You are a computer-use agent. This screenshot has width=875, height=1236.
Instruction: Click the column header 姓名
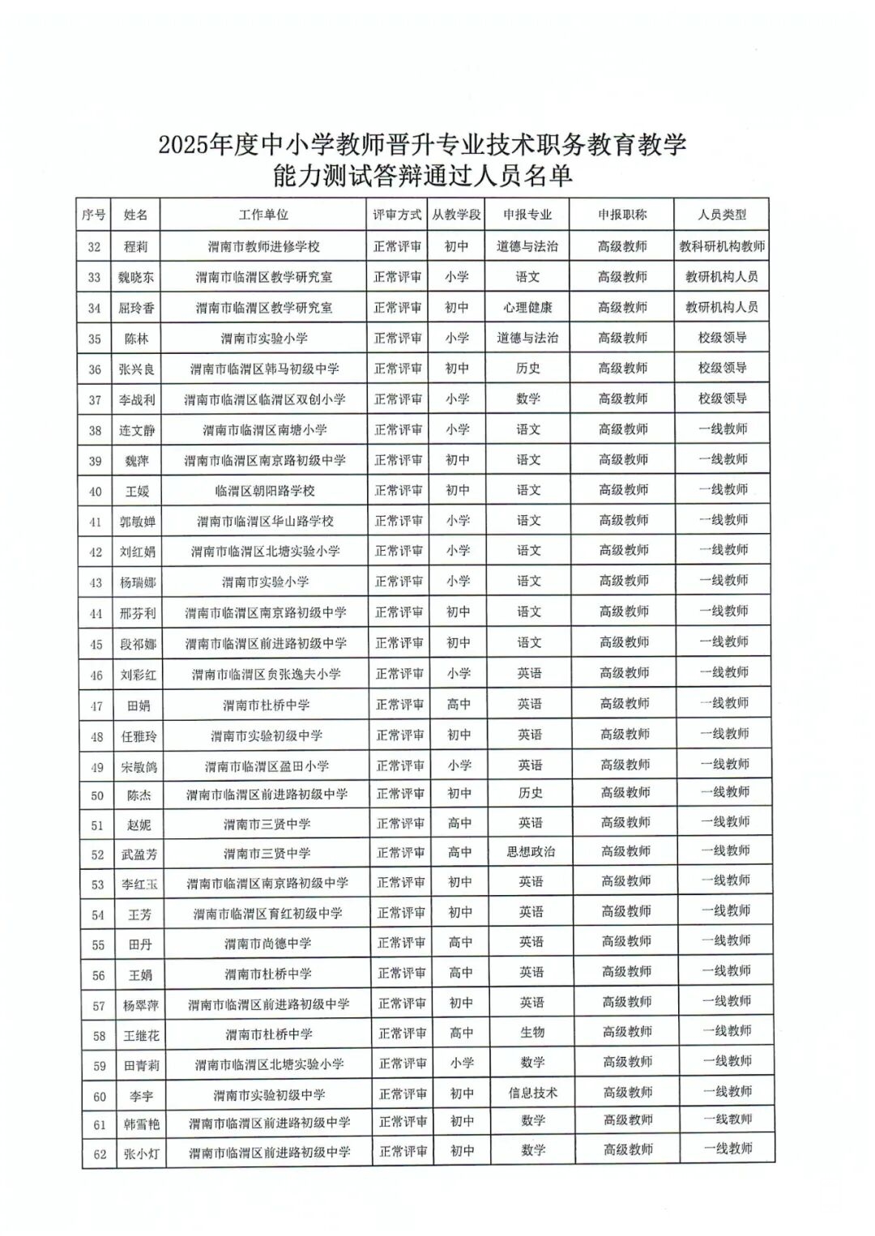(x=136, y=215)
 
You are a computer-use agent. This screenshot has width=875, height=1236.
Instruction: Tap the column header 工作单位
(x=263, y=215)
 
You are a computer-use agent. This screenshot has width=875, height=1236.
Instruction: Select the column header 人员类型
(x=722, y=215)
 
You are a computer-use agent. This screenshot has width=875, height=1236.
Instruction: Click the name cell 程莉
(x=136, y=247)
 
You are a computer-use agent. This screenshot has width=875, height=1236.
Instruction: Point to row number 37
(x=95, y=400)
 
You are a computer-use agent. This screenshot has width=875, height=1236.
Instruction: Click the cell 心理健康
(x=527, y=308)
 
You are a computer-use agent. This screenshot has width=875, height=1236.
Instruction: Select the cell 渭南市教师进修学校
(x=263, y=247)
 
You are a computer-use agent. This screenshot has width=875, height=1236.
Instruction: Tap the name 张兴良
(x=137, y=369)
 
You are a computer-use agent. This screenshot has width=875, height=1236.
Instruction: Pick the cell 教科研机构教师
(x=722, y=247)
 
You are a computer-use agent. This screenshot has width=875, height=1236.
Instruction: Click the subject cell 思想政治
(x=531, y=853)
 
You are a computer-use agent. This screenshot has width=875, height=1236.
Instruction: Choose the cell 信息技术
(x=532, y=1093)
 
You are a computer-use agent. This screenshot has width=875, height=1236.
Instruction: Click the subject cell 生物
(x=532, y=1033)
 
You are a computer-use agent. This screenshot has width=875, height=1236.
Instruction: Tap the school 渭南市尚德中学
(x=267, y=944)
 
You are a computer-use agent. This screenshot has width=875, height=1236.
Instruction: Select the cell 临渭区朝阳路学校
(x=265, y=491)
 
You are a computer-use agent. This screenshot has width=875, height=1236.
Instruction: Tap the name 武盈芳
(x=139, y=855)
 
